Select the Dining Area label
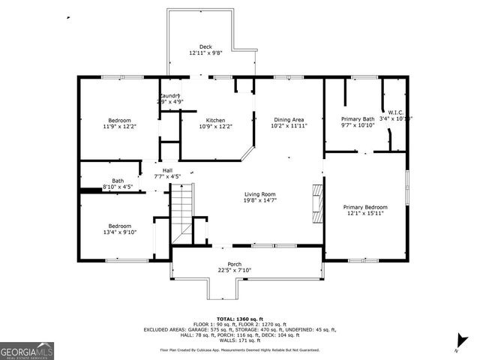click(x=289, y=120)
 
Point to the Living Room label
click(x=259, y=194)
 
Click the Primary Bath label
click(x=358, y=119)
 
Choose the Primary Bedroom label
click(x=365, y=207)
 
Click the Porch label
click(x=235, y=265)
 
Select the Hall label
click(x=167, y=170)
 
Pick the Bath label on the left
click(x=118, y=180)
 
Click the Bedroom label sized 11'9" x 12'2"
click(x=119, y=121)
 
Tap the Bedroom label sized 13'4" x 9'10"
click(x=119, y=226)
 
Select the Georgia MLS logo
click(x=27, y=349)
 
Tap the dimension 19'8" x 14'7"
click(x=259, y=200)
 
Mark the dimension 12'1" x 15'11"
click(x=365, y=214)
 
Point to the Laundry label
click(x=169, y=96)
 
